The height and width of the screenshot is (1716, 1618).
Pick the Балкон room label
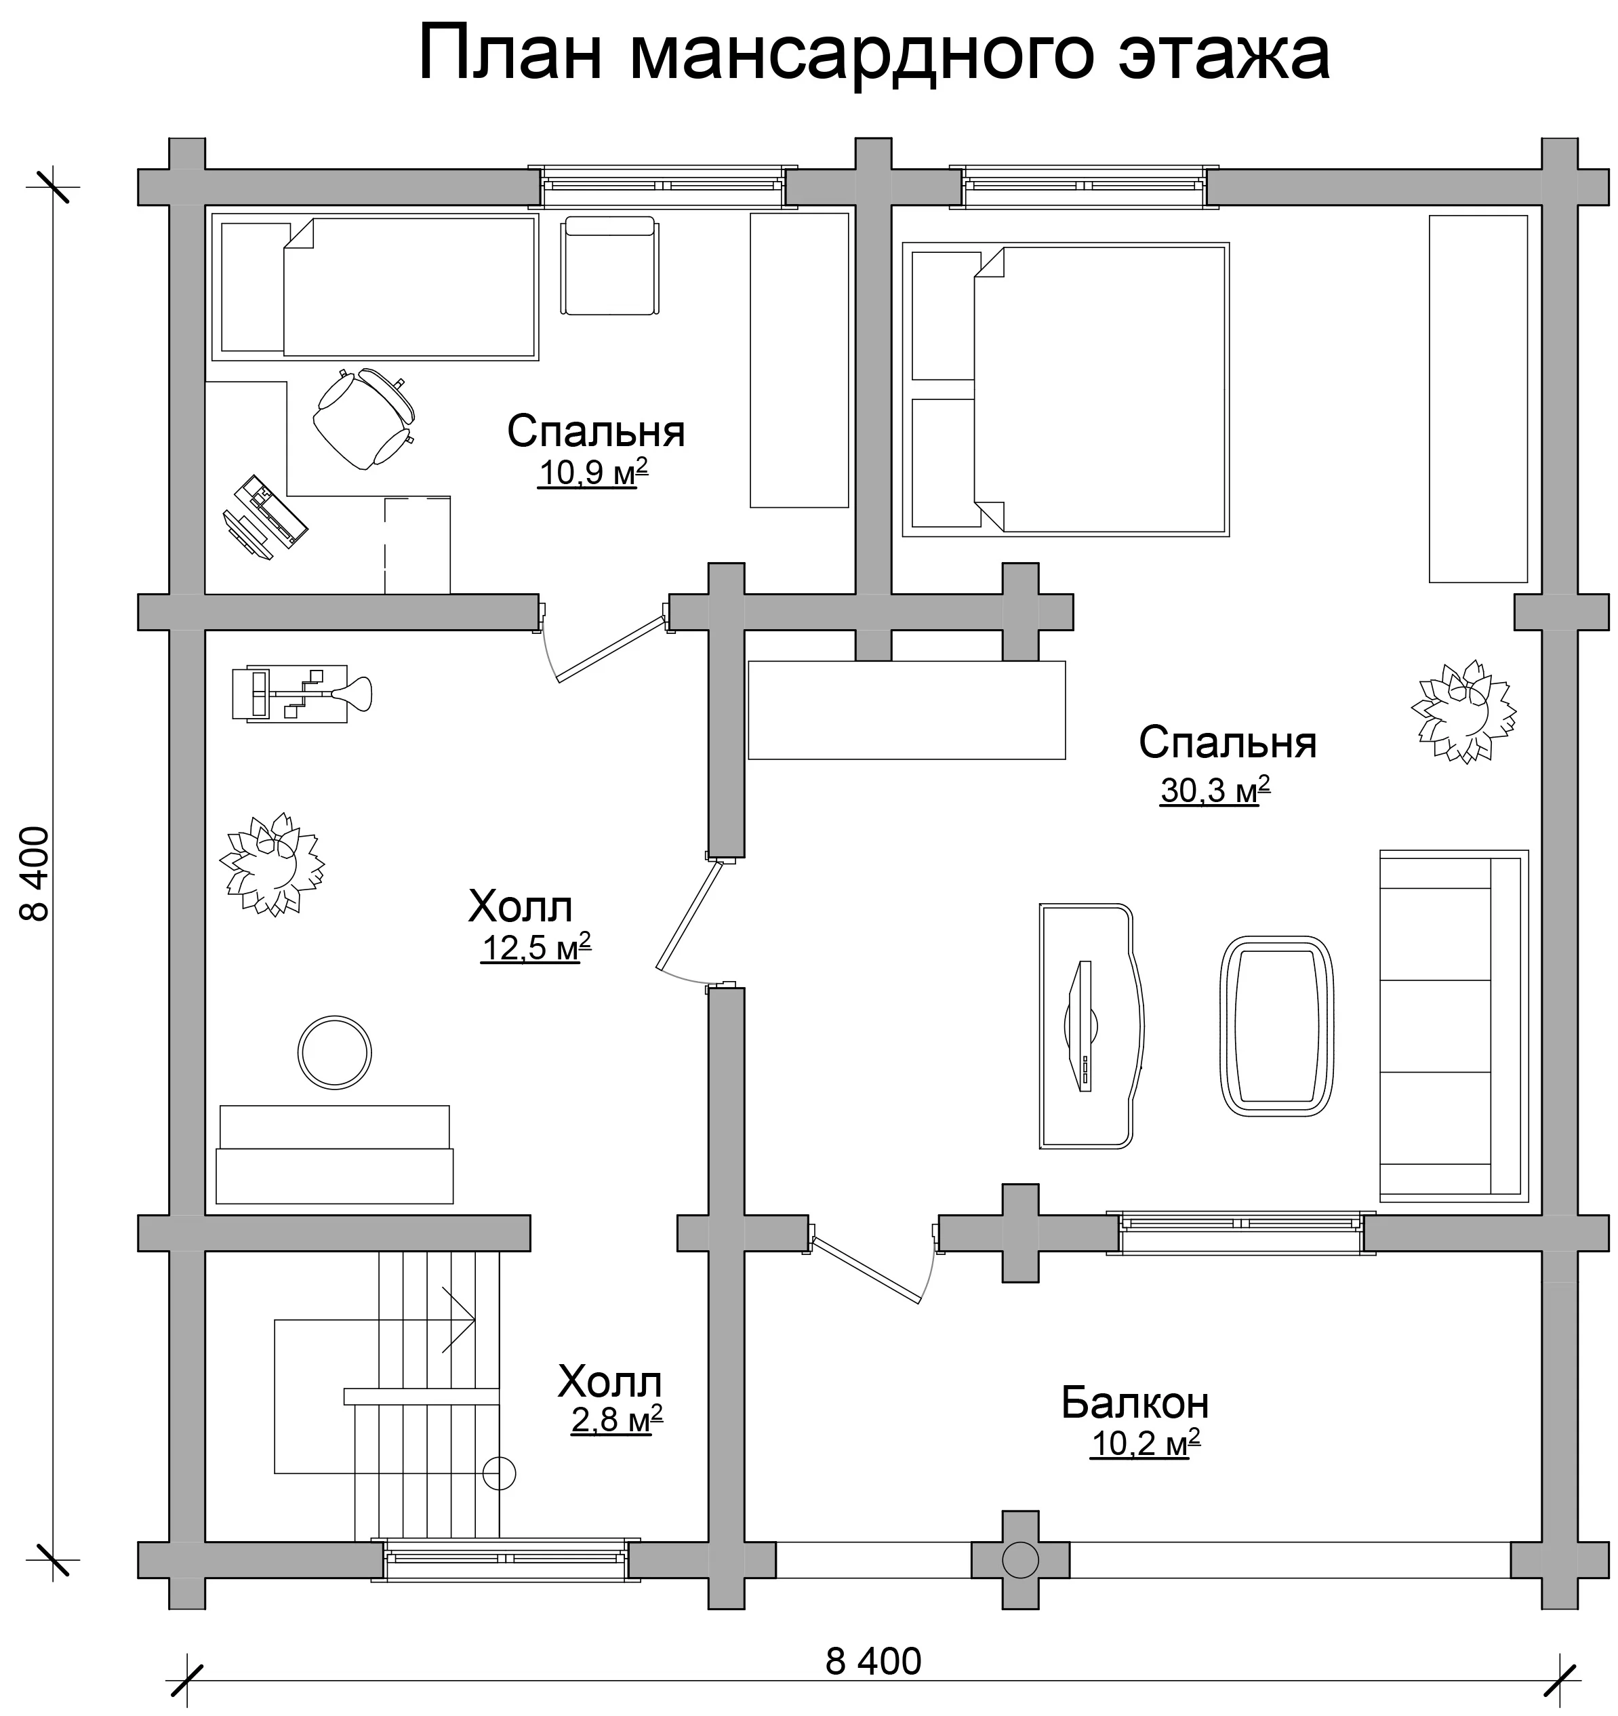click(1135, 1403)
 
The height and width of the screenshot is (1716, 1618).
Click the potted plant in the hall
click(272, 864)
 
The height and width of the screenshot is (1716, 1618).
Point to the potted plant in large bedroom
click(1463, 711)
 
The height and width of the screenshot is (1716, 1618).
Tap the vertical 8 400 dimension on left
click(35, 873)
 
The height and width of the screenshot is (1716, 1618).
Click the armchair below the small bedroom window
click(609, 266)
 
